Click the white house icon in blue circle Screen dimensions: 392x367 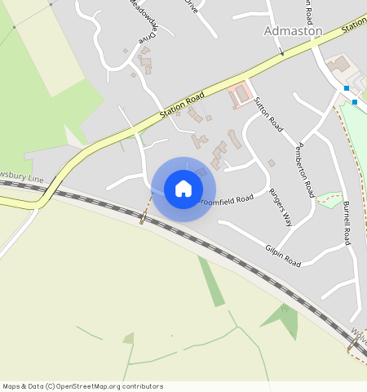tap(183, 189)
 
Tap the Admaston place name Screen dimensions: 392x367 tap(293, 31)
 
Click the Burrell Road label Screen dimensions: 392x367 tap(347, 221)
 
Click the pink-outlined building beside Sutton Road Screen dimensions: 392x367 tap(239, 96)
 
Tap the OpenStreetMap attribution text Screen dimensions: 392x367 tap(82, 386)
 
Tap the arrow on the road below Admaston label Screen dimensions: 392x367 tap(281, 52)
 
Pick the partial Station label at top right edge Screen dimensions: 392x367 tap(354, 25)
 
